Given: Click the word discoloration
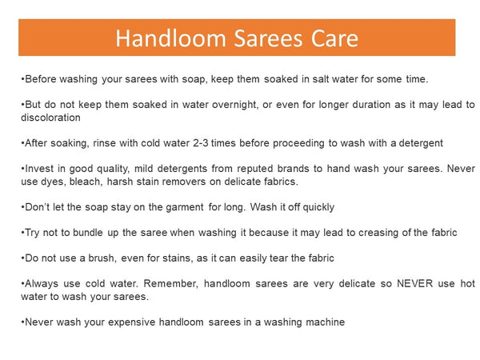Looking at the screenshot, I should (x=50, y=117).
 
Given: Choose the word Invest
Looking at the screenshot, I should (x=40, y=168).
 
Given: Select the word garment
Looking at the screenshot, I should (x=186, y=206).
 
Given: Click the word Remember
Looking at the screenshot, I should (x=173, y=283).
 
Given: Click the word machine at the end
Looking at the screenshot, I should (x=322, y=322).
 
